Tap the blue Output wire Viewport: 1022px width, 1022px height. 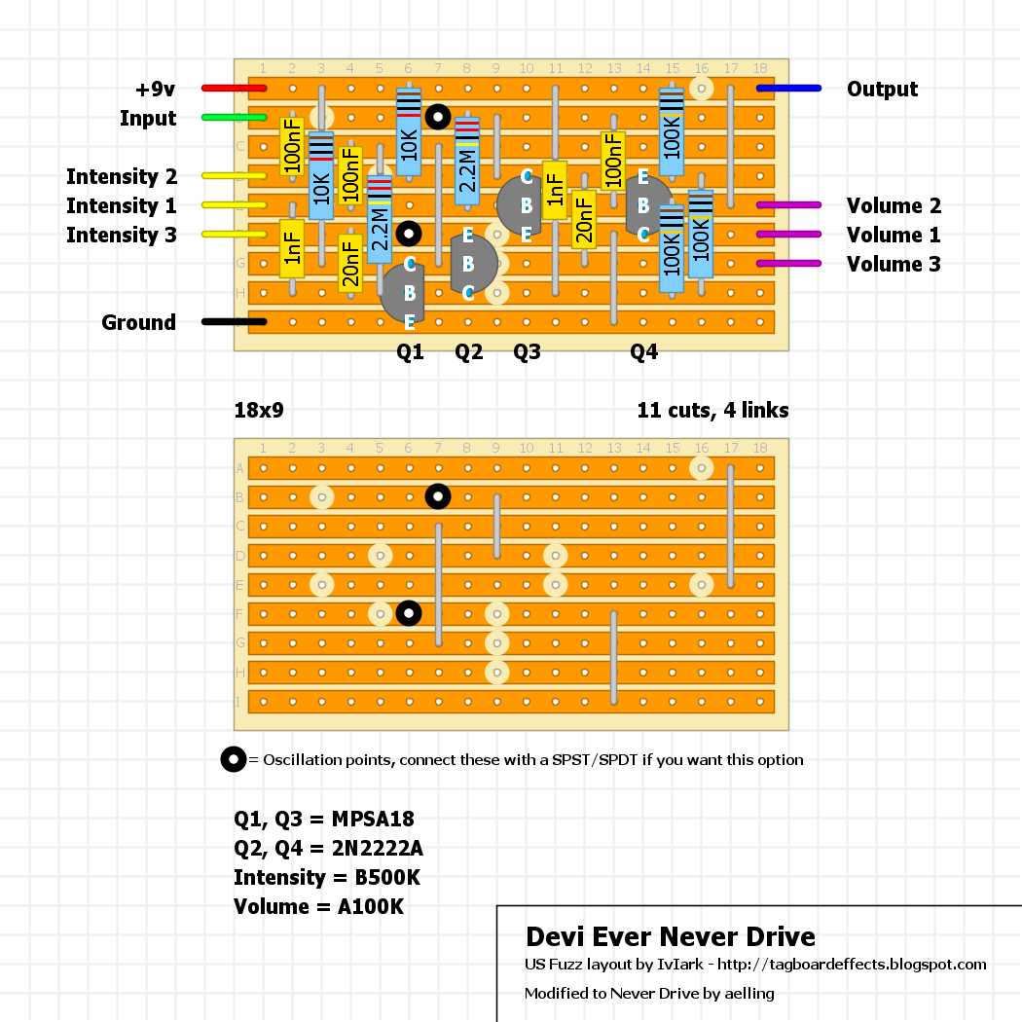click(x=788, y=89)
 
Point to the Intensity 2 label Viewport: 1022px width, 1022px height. click(x=122, y=177)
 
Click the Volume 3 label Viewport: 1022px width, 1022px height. click(x=894, y=265)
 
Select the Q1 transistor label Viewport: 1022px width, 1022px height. click(x=411, y=352)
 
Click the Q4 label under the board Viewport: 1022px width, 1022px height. click(x=644, y=352)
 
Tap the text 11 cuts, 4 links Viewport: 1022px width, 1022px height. click(x=712, y=411)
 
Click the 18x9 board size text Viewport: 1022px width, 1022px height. click(x=259, y=411)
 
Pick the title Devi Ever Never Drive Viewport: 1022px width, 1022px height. click(x=670, y=937)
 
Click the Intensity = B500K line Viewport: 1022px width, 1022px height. click(x=327, y=878)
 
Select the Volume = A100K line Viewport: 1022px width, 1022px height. click(x=318, y=907)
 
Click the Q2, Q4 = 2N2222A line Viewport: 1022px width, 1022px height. click(x=328, y=849)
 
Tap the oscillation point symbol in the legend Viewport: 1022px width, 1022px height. click(x=234, y=759)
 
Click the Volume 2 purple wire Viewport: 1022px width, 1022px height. click(x=788, y=205)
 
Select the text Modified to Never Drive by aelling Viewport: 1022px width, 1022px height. click(x=649, y=994)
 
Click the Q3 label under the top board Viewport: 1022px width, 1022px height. click(x=527, y=352)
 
